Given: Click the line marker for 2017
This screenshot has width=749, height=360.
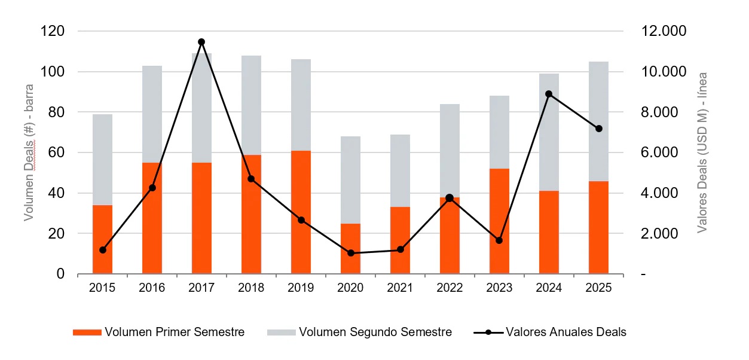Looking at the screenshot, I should [201, 42].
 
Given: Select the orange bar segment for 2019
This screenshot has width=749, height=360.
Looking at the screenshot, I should [301, 212].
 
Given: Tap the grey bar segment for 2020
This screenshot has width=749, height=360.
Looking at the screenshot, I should [350, 179].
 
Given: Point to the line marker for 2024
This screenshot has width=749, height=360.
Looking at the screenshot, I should [549, 94].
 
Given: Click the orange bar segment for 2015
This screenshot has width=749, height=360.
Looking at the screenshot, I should [102, 239].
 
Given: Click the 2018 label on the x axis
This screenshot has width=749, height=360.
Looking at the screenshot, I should [251, 288].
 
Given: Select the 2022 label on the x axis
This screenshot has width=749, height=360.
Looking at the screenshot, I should [450, 288].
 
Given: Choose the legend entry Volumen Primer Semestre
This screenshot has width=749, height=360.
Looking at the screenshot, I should [158, 332].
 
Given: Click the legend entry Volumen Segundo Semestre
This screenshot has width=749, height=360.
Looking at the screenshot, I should [359, 332].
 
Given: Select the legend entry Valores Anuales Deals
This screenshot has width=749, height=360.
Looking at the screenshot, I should [550, 332].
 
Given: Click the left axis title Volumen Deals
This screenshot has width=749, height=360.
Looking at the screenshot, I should [29, 152].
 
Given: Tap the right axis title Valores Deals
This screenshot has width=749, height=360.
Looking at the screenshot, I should [703, 152].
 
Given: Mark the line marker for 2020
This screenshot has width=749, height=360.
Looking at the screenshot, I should [350, 253].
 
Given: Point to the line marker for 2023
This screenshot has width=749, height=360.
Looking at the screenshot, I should [499, 240].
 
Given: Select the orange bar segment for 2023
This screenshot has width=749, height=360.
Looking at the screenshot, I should [499, 221].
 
